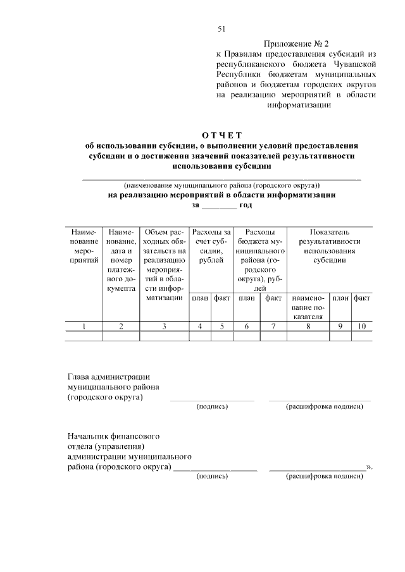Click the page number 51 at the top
tap(221, 29)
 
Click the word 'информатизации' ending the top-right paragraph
tap(299, 105)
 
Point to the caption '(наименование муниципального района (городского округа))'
tap(222, 186)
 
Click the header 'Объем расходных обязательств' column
tap(164, 265)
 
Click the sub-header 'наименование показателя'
tap(308, 307)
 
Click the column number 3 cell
tap(164, 326)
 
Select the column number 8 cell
tap(308, 326)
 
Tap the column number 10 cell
tap(362, 326)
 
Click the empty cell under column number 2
tap(121, 336)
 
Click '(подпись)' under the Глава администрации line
tap(212, 406)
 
